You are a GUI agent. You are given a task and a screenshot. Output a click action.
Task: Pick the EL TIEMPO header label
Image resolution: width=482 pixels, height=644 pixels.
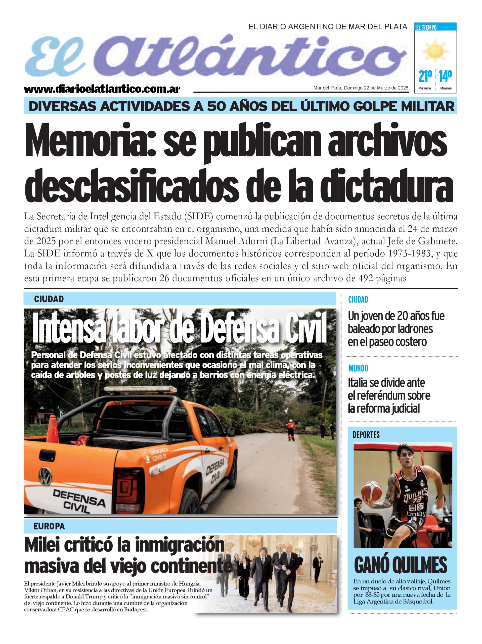click(x=426, y=27)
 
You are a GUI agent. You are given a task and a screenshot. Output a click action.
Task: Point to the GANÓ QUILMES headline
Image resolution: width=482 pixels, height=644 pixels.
click(x=400, y=566)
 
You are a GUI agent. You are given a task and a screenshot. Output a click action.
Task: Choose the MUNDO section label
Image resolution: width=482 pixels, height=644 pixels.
click(x=358, y=369)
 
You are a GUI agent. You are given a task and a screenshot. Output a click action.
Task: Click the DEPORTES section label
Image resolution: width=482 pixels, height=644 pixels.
click(x=366, y=435)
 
